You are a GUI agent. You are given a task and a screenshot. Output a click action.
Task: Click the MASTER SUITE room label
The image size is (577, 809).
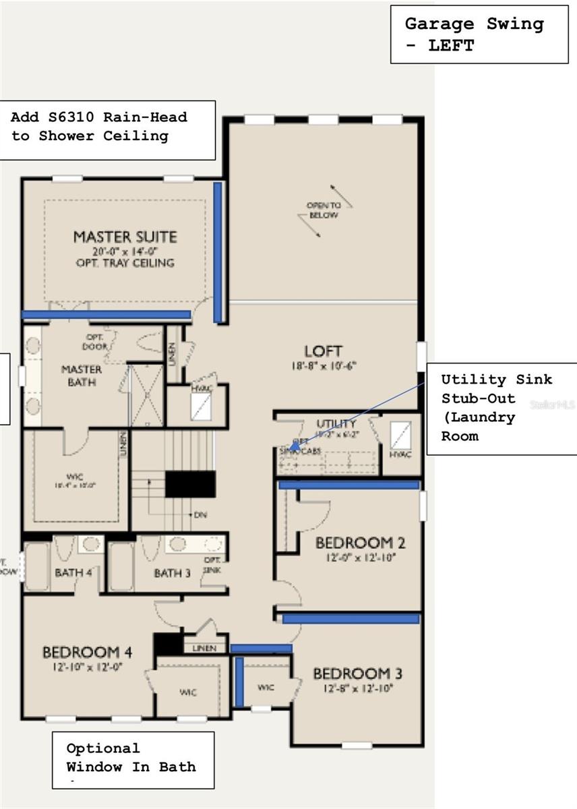pos(125,237)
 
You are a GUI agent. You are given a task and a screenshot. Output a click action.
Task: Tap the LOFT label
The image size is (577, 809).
pos(323,351)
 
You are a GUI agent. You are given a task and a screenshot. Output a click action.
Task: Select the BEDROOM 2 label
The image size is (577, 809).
pos(354,543)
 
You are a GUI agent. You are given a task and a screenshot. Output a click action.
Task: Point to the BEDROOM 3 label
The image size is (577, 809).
pos(352,673)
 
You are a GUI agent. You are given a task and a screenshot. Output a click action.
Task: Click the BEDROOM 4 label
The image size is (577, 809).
pos(87,652)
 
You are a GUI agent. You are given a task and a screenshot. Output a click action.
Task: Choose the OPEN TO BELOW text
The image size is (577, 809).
pos(324,210)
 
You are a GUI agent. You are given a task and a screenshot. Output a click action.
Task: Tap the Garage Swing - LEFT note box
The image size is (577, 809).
pos(479,34)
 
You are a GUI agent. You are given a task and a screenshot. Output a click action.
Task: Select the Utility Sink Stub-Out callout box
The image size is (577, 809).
pos(501,408)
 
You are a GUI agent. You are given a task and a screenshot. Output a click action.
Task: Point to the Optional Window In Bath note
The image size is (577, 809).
pos(133,758)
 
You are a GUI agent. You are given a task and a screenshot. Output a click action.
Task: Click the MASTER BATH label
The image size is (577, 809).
pos(82,376)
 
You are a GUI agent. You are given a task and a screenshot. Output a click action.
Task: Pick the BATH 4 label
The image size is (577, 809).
pos(73,573)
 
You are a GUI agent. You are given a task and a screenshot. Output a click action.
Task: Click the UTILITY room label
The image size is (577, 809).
pos(336,423)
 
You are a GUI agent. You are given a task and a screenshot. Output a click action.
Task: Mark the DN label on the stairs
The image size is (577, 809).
pos(200,514)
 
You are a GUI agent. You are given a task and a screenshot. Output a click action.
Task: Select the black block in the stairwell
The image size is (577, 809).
pos(190,484)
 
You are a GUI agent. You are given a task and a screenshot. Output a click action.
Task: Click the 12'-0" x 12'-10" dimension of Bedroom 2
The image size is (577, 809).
pos(354,558)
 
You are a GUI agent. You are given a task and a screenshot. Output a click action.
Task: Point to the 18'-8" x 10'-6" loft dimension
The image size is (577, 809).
pos(323,366)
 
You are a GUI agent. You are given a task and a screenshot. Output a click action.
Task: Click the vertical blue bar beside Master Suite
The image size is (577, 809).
pos(218,252)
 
